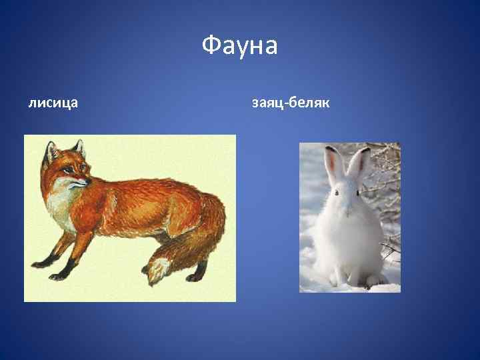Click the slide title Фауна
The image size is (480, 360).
[239, 47]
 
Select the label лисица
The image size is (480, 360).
[53, 103]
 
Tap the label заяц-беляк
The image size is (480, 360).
[291, 103]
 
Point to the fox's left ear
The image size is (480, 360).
[50, 152]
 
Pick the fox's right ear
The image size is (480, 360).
[78, 147]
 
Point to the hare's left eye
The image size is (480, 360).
[337, 193]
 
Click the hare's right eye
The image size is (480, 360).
[357, 193]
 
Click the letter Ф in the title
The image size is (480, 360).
[209, 47]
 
